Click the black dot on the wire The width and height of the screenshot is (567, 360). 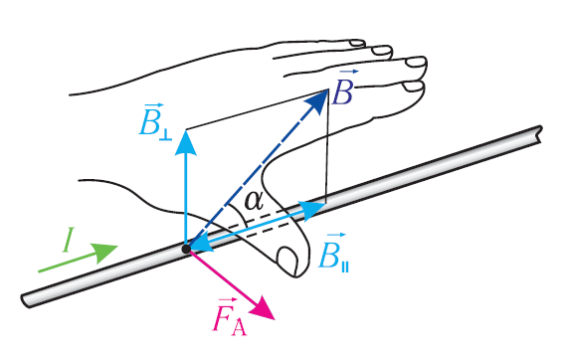pyautogui.click(x=186, y=249)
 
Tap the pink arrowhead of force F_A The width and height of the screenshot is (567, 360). pyautogui.click(x=263, y=309)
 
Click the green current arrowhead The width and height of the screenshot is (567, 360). pyautogui.click(x=104, y=252)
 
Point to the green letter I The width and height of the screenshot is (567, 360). pyautogui.click(x=68, y=240)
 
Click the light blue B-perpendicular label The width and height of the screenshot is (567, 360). pyautogui.click(x=155, y=121)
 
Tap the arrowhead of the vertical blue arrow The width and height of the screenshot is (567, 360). pyautogui.click(x=186, y=143)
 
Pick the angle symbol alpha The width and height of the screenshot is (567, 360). pyautogui.click(x=254, y=201)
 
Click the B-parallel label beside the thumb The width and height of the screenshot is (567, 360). pyautogui.click(x=333, y=252)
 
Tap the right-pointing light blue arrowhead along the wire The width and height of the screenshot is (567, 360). pyautogui.click(x=313, y=210)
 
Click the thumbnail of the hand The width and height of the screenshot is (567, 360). pyautogui.click(x=287, y=260)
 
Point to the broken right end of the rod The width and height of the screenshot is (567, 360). pyautogui.click(x=539, y=134)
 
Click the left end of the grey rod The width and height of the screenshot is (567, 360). pyautogui.click(x=25, y=300)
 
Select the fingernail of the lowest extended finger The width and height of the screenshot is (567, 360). pyautogui.click(x=412, y=87)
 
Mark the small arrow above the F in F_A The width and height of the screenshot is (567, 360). pyautogui.click(x=228, y=299)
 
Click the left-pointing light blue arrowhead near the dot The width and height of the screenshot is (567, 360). pyautogui.click(x=200, y=243)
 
